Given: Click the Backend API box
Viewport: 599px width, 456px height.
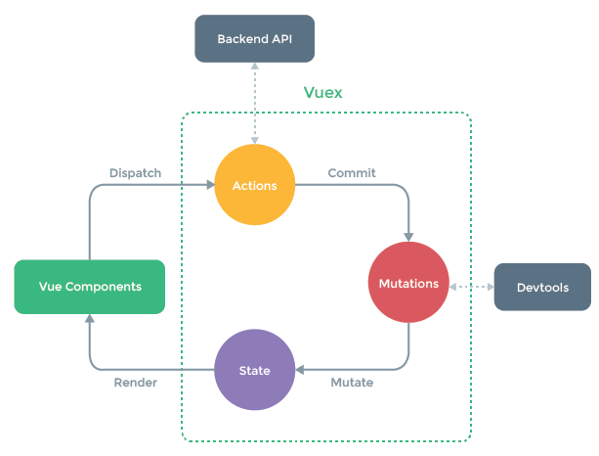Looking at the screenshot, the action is click(254, 38).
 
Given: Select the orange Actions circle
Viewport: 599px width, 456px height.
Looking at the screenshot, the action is click(254, 185).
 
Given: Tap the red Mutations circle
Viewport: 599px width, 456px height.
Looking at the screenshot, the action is click(408, 283).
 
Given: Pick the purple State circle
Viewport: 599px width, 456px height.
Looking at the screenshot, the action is click(254, 370).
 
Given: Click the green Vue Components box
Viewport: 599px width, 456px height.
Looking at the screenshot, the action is click(90, 287).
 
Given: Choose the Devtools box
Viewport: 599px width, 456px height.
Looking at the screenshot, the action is click(542, 287).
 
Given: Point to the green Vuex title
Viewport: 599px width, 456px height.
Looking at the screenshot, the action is click(322, 93).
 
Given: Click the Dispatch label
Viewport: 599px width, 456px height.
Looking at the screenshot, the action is click(135, 173).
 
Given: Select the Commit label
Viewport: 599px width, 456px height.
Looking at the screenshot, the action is click(352, 173).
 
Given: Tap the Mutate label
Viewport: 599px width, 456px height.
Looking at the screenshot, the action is click(352, 383).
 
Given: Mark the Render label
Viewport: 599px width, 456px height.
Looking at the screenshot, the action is click(136, 383).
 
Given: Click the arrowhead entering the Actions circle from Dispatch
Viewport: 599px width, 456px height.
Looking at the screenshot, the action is click(210, 185).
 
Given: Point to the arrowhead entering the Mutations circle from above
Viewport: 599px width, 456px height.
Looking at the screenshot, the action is click(408, 237).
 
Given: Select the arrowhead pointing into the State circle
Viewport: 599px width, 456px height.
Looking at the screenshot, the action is click(299, 370).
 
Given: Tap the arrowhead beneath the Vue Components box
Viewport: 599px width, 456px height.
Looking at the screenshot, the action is click(90, 318).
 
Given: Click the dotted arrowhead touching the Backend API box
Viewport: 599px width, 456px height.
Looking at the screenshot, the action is click(255, 66).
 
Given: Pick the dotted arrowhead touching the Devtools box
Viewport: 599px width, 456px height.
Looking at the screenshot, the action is click(491, 287).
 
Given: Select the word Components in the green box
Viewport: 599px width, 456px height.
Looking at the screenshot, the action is click(104, 287).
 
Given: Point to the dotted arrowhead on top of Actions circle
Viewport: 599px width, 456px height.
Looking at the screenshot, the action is click(255, 141).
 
